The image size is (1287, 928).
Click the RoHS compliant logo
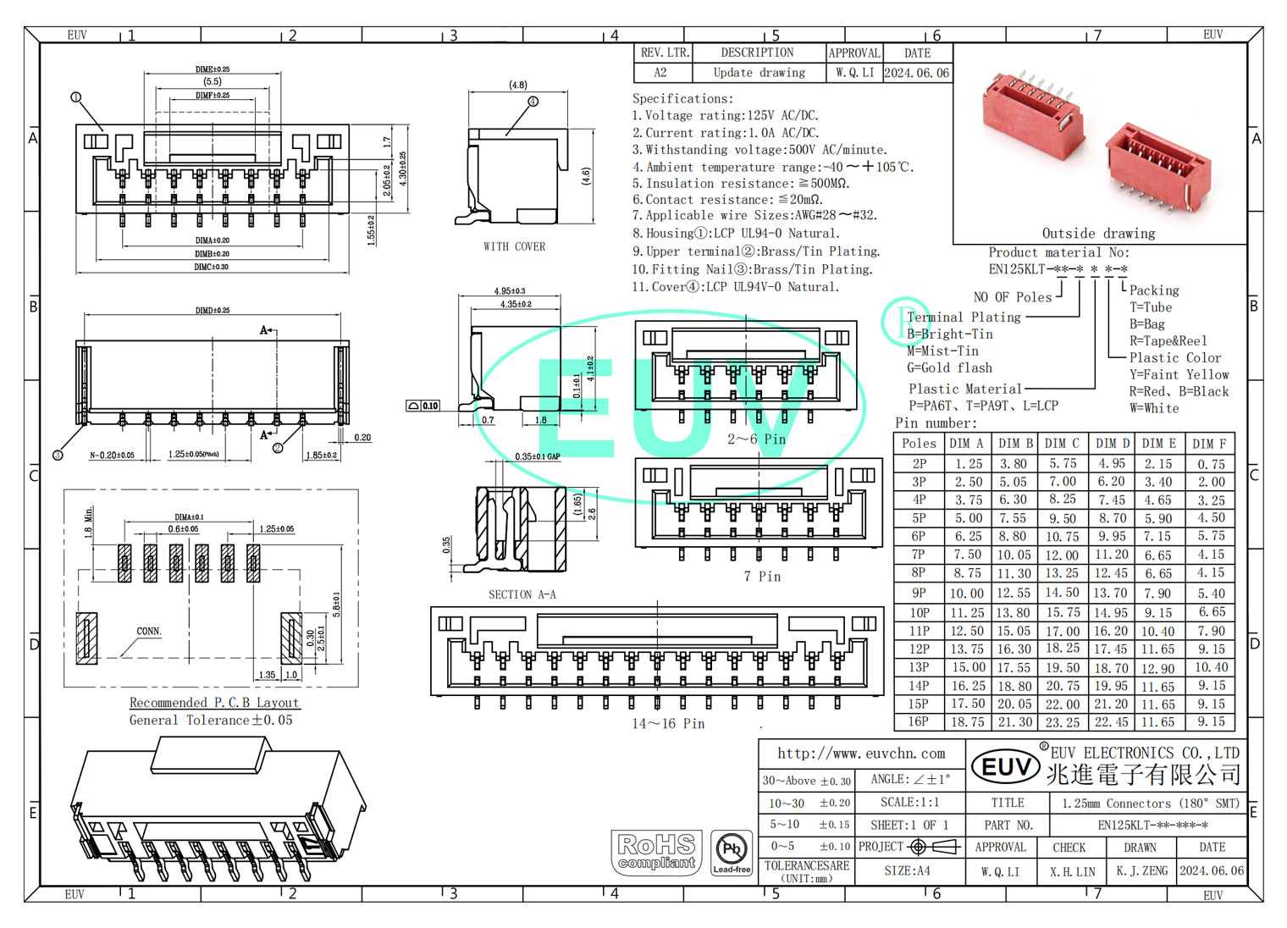(656, 852)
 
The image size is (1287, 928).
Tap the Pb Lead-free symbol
(732, 852)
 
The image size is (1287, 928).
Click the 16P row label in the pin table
(919, 722)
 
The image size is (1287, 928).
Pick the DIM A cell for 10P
(967, 612)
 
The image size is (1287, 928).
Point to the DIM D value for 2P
(1112, 464)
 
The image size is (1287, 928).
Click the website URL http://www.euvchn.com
(861, 754)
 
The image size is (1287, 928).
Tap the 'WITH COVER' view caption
(514, 247)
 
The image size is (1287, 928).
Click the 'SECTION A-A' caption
(522, 595)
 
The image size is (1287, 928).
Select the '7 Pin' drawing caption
(762, 577)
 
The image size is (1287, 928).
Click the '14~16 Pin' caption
(668, 724)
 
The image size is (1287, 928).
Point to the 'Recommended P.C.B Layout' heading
(214, 703)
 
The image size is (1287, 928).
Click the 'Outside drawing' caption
(1098, 234)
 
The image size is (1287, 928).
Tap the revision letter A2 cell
(660, 73)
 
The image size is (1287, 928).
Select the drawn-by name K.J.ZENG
(1141, 871)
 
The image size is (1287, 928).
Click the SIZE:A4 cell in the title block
(907, 871)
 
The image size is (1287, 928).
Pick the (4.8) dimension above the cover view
(517, 85)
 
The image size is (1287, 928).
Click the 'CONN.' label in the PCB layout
(148, 632)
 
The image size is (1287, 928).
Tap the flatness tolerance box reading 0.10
(423, 406)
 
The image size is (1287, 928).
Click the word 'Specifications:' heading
(682, 99)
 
